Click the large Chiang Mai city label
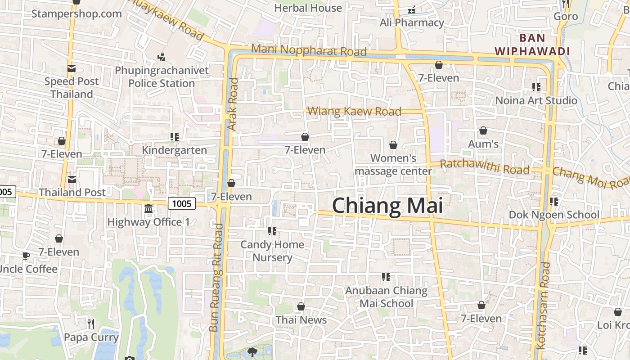387,206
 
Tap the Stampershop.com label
76,13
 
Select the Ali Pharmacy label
412,22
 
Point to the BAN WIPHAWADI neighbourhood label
532,45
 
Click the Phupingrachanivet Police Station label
162,77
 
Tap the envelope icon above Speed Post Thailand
72,68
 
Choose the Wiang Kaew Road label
354,111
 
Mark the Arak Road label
233,104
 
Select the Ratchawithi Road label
484,167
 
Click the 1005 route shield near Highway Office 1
182,203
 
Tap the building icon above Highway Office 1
148,209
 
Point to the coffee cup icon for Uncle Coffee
26,256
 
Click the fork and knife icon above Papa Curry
91,324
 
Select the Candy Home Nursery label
272,251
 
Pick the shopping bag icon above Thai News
301,306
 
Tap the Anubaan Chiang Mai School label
386,297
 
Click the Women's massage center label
393,165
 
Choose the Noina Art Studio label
536,100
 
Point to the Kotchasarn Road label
543,306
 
